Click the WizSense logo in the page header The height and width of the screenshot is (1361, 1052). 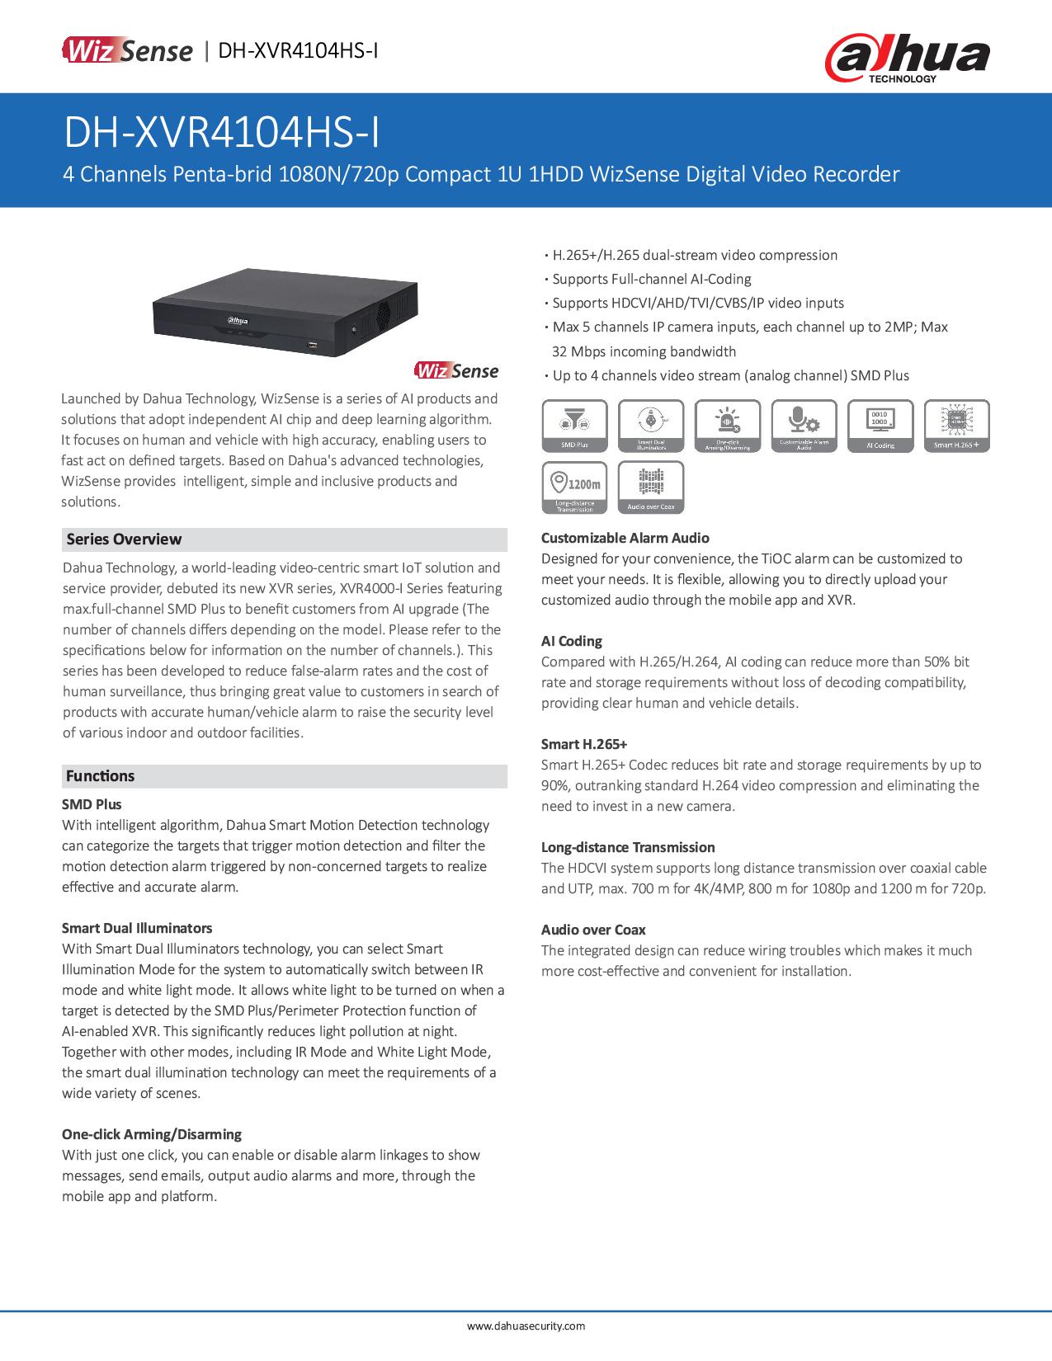coord(127,51)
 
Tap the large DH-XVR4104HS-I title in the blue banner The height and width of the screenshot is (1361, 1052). coord(223,134)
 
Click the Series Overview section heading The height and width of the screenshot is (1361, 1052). coord(124,539)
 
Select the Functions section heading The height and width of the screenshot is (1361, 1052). coord(100,776)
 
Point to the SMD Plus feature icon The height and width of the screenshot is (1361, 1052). coord(575,426)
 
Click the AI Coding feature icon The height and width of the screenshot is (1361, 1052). coord(880,426)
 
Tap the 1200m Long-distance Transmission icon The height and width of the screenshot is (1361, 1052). coord(575,487)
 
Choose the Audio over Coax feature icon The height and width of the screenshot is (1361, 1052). coord(651,487)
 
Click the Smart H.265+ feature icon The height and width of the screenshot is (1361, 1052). coord(956,426)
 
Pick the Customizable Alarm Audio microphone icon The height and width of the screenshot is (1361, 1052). coord(804,426)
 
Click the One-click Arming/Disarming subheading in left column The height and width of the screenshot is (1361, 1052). coord(152,1134)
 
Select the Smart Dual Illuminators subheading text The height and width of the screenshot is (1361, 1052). coord(137,928)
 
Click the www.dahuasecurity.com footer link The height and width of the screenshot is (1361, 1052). coord(526,1326)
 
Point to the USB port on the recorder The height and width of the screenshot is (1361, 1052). coord(313,343)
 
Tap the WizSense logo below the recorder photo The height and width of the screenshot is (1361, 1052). coord(456,370)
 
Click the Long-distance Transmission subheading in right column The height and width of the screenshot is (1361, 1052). coord(628,847)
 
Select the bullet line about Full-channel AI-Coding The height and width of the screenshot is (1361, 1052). coord(651,279)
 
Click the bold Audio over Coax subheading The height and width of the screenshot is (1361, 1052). coord(593,930)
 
